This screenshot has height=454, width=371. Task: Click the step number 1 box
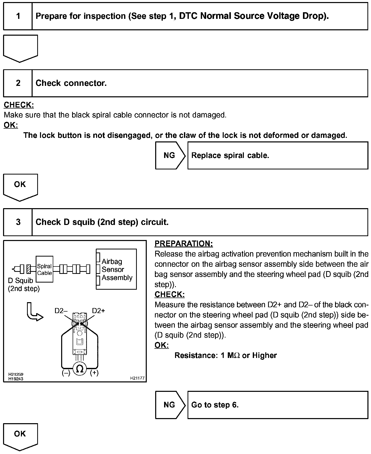[x=18, y=16]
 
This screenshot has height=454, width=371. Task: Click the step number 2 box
[x=18, y=83]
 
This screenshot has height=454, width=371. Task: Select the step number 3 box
[x=18, y=222]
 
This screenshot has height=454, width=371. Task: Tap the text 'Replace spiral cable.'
[x=230, y=155]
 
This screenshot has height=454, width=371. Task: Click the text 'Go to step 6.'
[x=215, y=405]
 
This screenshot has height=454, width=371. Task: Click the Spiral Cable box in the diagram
[x=45, y=269]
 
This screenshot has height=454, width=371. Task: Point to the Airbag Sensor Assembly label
[x=117, y=269]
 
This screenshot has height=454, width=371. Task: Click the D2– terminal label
[x=61, y=311]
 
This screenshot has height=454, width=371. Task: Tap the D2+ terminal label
[x=98, y=311]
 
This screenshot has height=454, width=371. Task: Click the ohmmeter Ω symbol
[x=80, y=369]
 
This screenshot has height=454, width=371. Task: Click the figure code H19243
[x=16, y=379]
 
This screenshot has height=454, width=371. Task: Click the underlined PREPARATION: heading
[x=183, y=244]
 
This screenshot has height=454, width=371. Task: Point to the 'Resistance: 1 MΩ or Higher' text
[x=226, y=355]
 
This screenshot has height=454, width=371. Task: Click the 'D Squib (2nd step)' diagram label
[x=24, y=285]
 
